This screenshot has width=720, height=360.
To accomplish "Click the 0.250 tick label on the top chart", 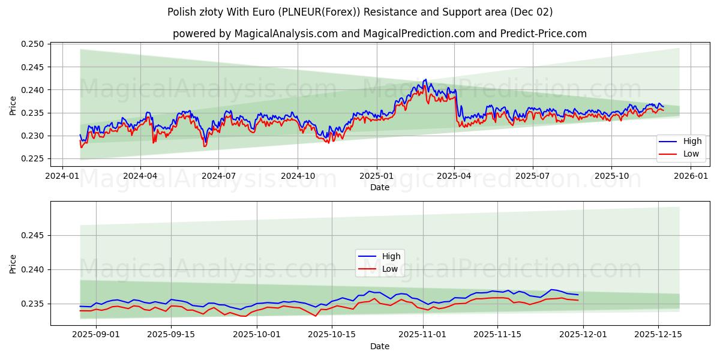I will tap(34, 44).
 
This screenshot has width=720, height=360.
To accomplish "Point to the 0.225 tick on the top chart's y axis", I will tap(34, 159).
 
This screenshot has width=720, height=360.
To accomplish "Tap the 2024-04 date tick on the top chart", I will tap(140, 176).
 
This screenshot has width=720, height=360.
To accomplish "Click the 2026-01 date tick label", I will tap(691, 176).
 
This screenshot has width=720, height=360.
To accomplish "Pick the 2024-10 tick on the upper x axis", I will tap(298, 176).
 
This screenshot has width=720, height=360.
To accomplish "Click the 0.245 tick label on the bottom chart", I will tap(34, 235).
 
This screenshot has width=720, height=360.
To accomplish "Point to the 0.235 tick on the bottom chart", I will tap(34, 304).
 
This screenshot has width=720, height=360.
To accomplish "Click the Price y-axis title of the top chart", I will tap(13, 106).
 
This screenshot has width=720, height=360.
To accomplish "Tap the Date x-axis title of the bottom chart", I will tap(379, 346).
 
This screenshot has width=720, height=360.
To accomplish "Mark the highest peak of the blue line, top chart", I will tap(425, 79).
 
